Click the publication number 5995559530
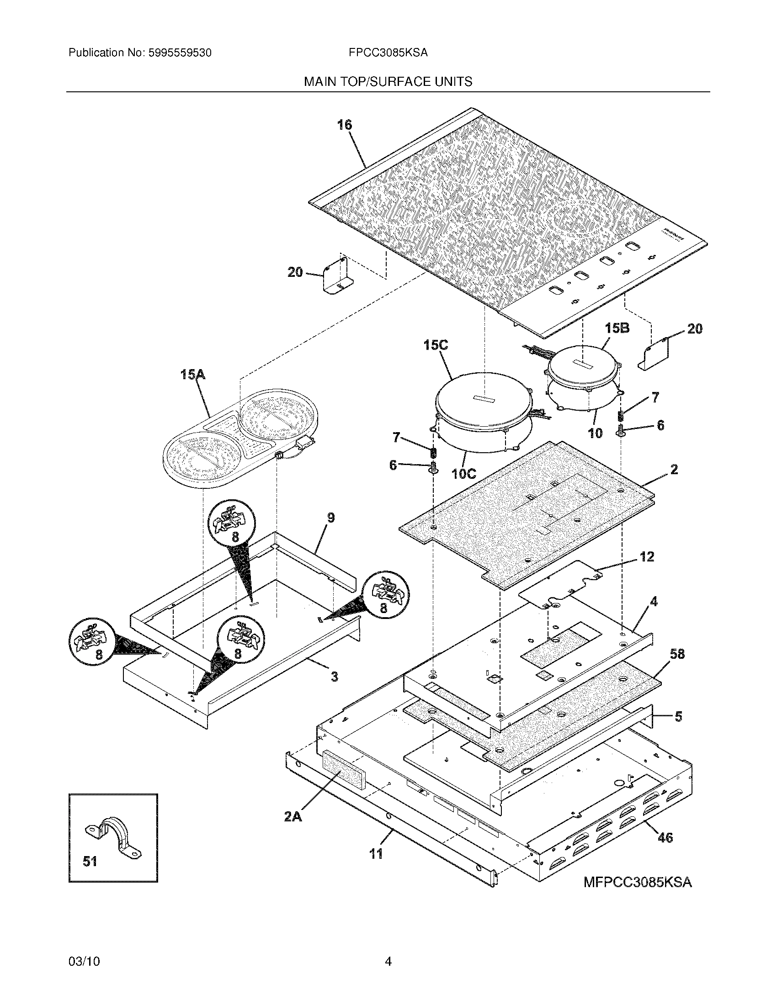(x=180, y=53)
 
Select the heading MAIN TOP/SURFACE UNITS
(x=388, y=82)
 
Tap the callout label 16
(x=344, y=125)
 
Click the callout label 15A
(x=193, y=375)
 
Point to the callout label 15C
(x=436, y=345)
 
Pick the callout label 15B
(x=617, y=328)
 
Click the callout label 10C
(x=463, y=474)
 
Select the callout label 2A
(x=293, y=817)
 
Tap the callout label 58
(x=677, y=654)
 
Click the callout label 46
(x=665, y=838)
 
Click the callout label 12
(x=647, y=557)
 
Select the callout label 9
(x=330, y=518)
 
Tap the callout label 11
(x=376, y=854)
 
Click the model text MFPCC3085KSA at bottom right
(x=638, y=883)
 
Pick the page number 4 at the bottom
(x=388, y=961)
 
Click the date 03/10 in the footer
(x=84, y=961)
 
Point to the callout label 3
(x=334, y=677)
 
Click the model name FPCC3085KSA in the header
(x=388, y=53)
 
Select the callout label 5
(x=678, y=716)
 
